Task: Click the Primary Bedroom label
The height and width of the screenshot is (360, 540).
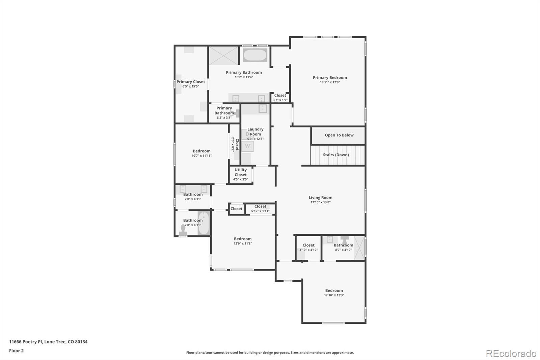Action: click(x=330, y=78)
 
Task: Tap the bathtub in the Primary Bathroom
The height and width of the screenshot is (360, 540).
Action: click(x=255, y=55)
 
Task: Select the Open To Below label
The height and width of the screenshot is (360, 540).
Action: click(x=339, y=135)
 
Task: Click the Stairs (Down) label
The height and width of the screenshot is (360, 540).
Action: click(x=336, y=155)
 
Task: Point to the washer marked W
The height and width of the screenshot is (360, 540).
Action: click(x=247, y=146)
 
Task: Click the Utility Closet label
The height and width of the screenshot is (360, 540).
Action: click(x=241, y=172)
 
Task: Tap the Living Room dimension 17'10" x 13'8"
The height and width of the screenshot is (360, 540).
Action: click(x=320, y=202)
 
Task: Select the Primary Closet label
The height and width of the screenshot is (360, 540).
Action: click(x=191, y=82)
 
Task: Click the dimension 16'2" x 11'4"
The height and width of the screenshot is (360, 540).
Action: click(x=244, y=77)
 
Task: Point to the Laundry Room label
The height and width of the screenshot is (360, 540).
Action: click(x=255, y=132)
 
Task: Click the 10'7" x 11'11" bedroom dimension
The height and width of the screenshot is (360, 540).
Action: click(x=201, y=156)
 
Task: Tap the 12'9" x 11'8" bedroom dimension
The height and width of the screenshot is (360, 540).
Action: click(x=243, y=243)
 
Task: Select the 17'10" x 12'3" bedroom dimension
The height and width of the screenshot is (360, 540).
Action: click(x=334, y=295)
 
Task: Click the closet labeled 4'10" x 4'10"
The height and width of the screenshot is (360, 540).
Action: click(x=308, y=248)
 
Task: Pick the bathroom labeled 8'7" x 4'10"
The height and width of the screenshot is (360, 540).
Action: click(x=343, y=248)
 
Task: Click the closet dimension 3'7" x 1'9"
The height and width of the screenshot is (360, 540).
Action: click(x=280, y=100)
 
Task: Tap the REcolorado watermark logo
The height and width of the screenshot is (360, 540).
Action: click(x=511, y=354)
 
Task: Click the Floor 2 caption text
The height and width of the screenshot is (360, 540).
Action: click(x=16, y=351)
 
